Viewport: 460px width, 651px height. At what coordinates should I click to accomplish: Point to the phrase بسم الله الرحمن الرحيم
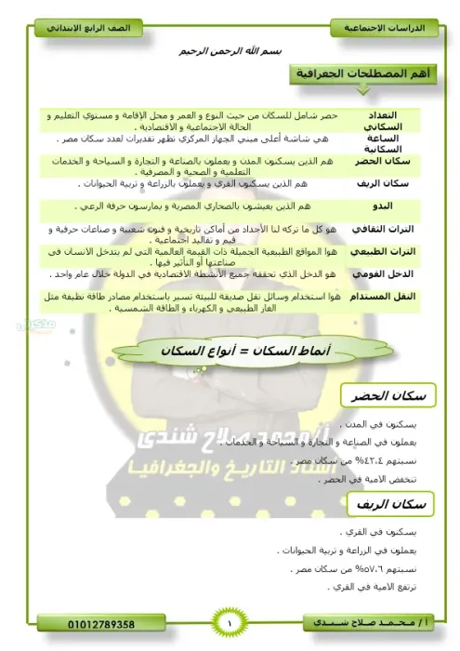(x=229, y=53)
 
